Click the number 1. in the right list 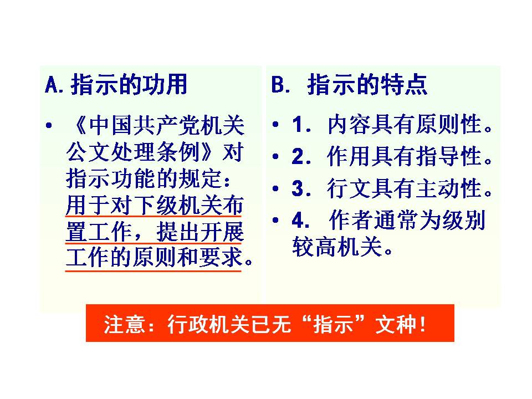tap(301, 125)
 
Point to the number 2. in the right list tap(301, 156)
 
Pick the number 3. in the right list tap(301, 188)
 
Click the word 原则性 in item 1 tap(448, 124)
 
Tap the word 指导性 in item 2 tap(448, 156)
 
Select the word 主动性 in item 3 tap(448, 188)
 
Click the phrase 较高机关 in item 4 tap(337, 246)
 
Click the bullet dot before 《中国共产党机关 tap(49, 126)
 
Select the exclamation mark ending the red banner tap(422, 324)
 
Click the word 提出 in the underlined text tap(178, 232)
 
